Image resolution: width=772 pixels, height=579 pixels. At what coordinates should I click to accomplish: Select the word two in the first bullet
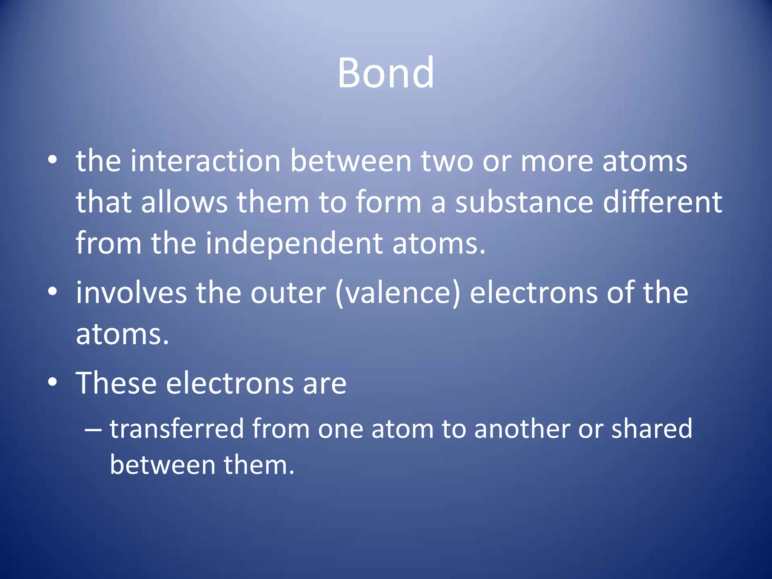[447, 161]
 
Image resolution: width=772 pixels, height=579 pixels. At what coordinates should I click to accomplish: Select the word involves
[131, 293]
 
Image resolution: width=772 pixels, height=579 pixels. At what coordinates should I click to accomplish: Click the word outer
[288, 293]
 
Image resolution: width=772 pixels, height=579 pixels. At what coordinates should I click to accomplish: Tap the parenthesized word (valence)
[398, 294]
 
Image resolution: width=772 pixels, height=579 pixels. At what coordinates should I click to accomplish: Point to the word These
[116, 383]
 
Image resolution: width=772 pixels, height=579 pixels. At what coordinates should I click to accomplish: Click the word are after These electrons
[325, 384]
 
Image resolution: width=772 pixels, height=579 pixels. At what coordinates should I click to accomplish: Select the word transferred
[177, 429]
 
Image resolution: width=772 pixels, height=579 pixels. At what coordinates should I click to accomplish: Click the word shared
[652, 429]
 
